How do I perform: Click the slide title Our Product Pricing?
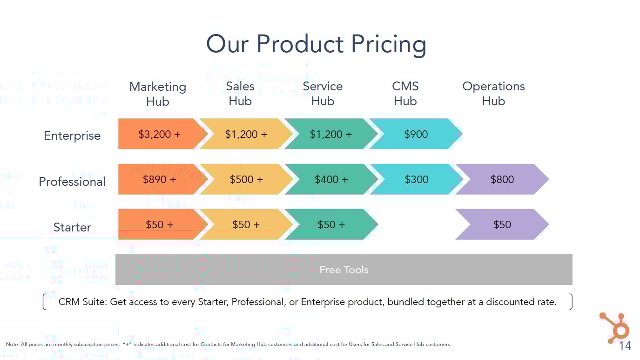click(316, 44)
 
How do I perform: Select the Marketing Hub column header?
click(157, 94)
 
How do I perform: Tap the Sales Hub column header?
click(240, 94)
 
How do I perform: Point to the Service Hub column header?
click(323, 94)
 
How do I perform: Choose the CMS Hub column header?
click(405, 94)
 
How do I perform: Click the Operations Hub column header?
click(493, 94)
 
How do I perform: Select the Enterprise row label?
click(72, 136)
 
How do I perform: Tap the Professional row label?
click(72, 182)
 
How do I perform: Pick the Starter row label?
click(72, 227)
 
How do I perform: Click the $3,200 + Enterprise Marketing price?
click(159, 134)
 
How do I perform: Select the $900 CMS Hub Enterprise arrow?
click(416, 134)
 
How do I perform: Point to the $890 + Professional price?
click(159, 179)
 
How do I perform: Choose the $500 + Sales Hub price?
click(246, 179)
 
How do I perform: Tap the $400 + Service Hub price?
click(331, 179)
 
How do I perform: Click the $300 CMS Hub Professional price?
click(416, 179)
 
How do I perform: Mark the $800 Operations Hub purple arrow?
click(502, 179)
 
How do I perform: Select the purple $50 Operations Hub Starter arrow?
click(502, 224)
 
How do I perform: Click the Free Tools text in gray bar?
click(344, 270)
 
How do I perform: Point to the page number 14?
click(625, 346)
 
